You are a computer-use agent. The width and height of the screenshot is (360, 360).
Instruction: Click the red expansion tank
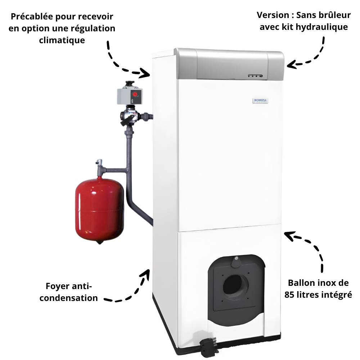99,211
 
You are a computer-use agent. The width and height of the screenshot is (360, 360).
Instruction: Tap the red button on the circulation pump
135,94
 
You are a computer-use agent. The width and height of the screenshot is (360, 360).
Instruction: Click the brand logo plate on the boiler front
260,100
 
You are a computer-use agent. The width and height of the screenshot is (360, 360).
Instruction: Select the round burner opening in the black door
235,285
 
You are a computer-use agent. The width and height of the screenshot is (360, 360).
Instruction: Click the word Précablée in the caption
32,17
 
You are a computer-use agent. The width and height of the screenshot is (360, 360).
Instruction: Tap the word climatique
62,40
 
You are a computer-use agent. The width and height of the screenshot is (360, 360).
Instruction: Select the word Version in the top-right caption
273,15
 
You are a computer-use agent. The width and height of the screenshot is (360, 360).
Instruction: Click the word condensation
69,298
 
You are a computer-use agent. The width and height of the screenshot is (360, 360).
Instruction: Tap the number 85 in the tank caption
289,294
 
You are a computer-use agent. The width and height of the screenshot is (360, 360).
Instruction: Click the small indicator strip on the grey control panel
255,76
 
